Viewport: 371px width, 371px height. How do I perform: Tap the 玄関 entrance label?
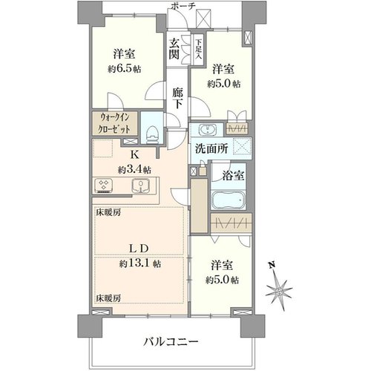174,50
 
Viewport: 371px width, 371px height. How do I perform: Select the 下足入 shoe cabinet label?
198,50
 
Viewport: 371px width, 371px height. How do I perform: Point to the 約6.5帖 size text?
124,69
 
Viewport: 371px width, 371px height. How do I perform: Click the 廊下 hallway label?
178,98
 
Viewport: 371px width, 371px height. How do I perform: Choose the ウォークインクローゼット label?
115,123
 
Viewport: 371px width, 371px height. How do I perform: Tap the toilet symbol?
151,134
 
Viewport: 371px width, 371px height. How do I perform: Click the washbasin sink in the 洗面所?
208,129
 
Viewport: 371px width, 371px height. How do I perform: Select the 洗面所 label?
211,149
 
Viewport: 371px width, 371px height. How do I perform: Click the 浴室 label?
234,175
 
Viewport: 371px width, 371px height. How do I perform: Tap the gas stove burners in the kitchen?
103,185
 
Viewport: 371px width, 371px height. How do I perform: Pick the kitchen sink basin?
140,185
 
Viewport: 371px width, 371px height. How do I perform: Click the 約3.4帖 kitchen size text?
134,170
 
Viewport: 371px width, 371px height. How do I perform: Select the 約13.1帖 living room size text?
140,264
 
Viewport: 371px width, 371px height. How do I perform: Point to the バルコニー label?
171,342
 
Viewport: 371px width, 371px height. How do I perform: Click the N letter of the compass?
272,265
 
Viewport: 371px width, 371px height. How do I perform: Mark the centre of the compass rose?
279,291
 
